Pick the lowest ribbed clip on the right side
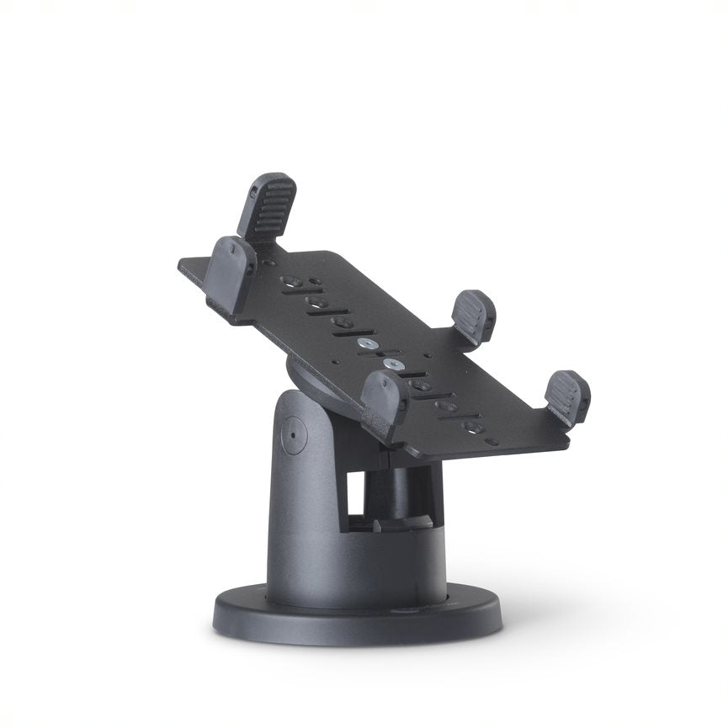[x=567, y=396]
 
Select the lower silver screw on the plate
[x=391, y=364]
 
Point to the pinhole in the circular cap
[x=292, y=436]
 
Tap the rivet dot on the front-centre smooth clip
[x=382, y=386]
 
